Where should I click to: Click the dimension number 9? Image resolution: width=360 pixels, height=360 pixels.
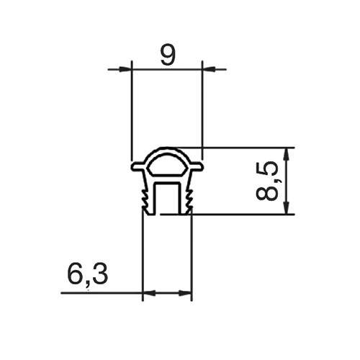coord(168,55)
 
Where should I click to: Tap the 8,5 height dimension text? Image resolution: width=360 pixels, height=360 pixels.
coord(267,181)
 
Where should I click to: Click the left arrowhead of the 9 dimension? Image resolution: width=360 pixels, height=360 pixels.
coord(126,69)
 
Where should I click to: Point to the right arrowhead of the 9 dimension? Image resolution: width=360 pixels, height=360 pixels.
coord(208,69)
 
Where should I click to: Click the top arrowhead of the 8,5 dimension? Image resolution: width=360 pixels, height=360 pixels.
coord(286,154)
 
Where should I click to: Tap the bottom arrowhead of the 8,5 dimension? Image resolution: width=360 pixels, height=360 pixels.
coord(286,207)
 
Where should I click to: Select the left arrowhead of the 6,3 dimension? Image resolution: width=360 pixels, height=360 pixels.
coord(150,293)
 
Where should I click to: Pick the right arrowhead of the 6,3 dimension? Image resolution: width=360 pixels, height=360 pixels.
coord(185,293)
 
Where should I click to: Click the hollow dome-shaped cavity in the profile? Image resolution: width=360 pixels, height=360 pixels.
coord(167,166)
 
